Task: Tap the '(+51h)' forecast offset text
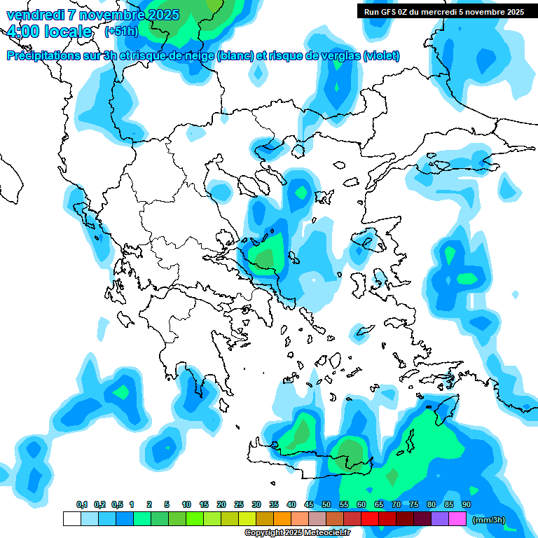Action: (121, 31)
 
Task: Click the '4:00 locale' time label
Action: (48, 32)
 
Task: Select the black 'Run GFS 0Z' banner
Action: (444, 12)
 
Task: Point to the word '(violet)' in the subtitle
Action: (381, 56)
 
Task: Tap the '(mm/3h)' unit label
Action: (488, 520)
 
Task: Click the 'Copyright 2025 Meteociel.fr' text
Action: (297, 533)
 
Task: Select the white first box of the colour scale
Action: (71, 519)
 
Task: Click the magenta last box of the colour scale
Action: (457, 519)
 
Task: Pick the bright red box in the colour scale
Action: (370, 519)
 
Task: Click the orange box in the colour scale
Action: (282, 519)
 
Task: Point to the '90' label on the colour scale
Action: (467, 504)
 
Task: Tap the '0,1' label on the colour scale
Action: (82, 504)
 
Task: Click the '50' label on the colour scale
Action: (326, 504)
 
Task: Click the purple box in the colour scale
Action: (440, 519)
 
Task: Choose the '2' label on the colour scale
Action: (150, 504)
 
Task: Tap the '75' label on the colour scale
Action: (414, 504)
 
